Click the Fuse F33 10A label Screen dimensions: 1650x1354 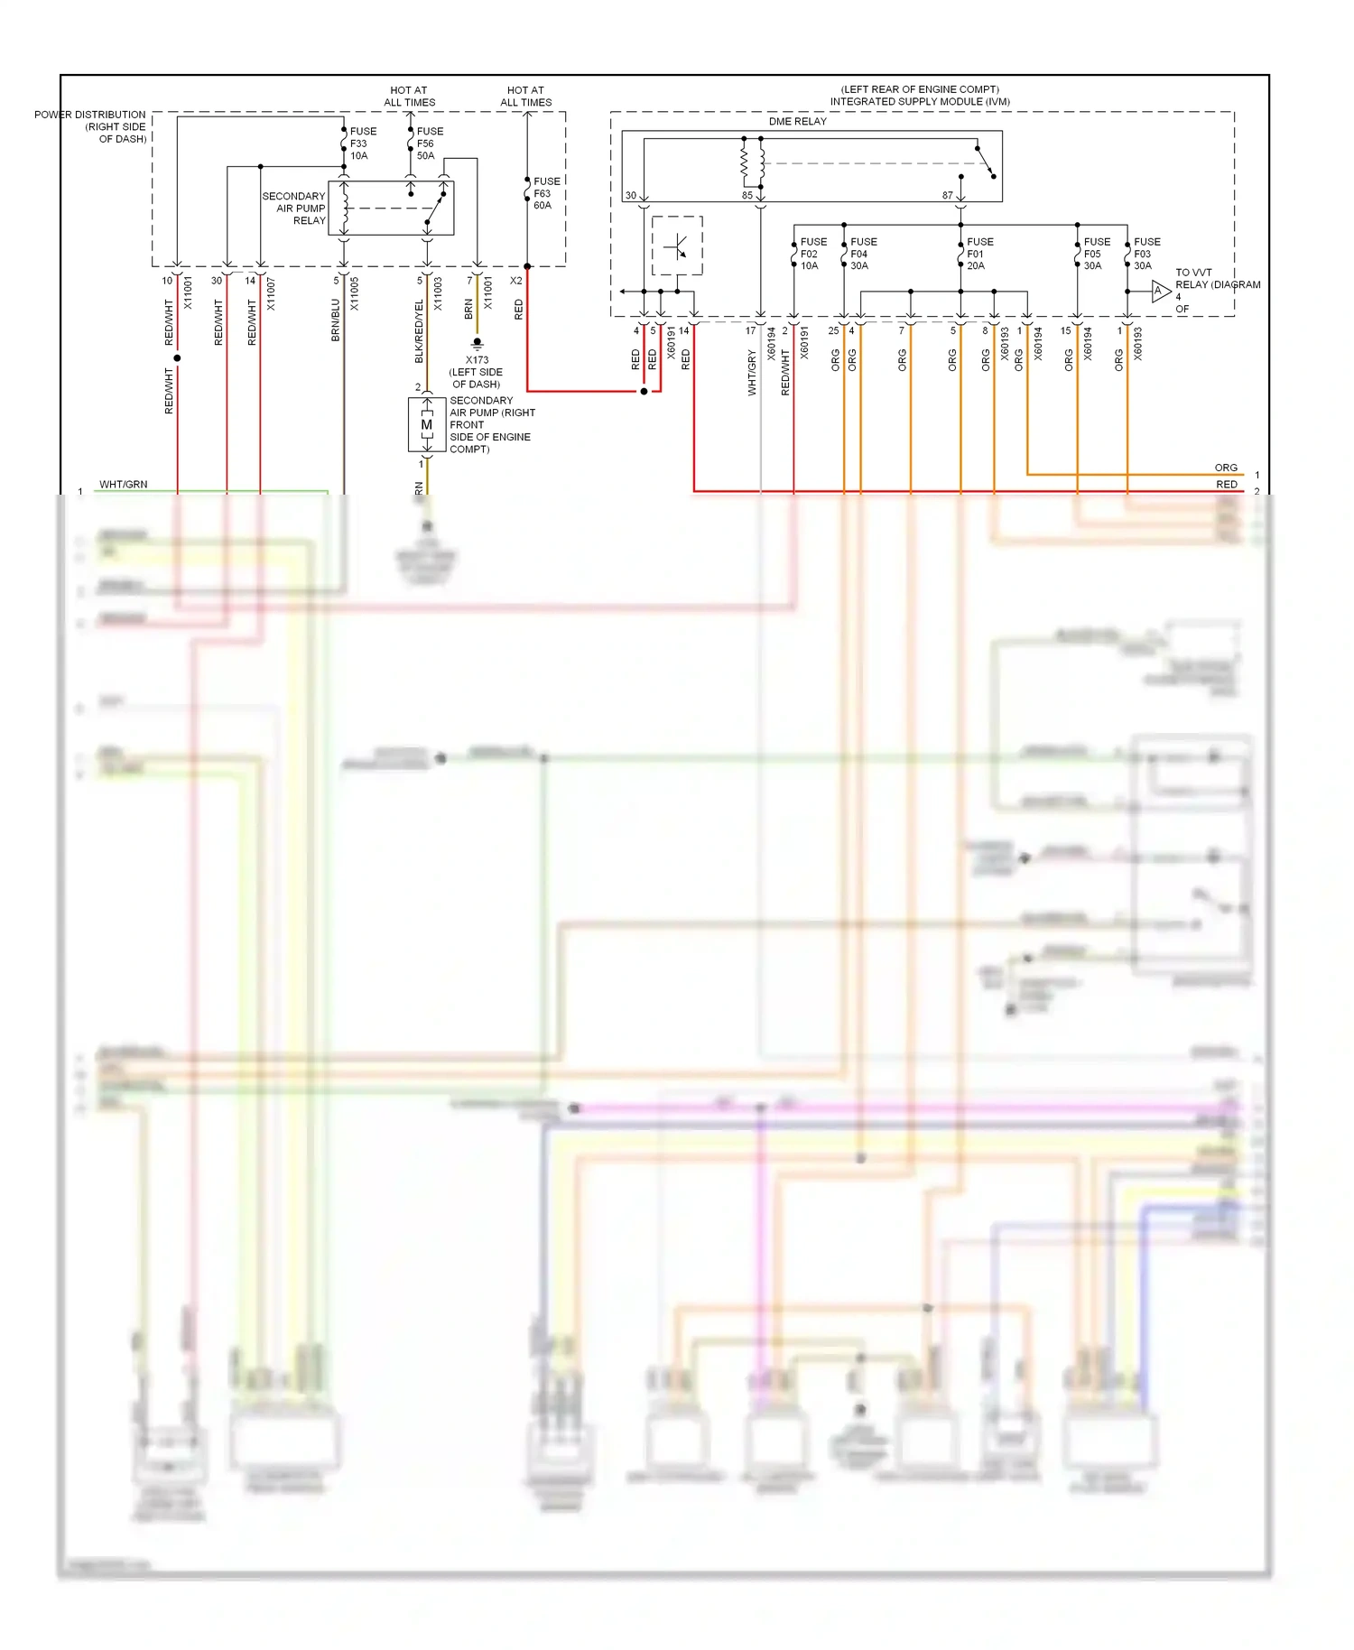tap(362, 144)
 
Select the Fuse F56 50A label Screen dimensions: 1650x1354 tap(429, 144)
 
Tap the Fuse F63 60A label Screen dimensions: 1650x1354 tap(545, 193)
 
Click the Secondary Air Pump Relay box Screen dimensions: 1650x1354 tap(390, 209)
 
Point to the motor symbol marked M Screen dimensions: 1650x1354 tap(427, 424)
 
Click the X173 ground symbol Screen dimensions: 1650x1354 tap(478, 344)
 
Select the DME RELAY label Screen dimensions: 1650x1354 tap(797, 121)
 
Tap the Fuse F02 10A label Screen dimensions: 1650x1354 tap(812, 254)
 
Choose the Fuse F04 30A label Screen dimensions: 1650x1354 tap(863, 254)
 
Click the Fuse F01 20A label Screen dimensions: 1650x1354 tap(979, 254)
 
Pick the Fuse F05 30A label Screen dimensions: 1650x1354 tap(1096, 254)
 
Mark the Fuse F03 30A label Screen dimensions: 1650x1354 tap(1146, 254)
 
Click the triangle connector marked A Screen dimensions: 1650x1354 tap(1160, 291)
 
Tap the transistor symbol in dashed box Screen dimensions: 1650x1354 tap(677, 246)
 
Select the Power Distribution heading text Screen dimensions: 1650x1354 tap(90, 126)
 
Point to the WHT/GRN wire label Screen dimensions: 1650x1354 tap(123, 485)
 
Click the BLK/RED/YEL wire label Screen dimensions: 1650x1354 tap(420, 331)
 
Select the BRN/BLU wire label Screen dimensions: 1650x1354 tap(336, 320)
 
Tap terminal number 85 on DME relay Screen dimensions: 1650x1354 tap(747, 195)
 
